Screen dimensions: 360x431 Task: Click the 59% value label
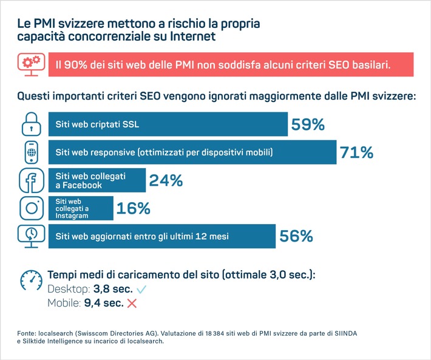pos(308,124)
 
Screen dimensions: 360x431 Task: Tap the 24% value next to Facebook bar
pos(166,180)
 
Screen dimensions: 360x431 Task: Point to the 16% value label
pos(133,208)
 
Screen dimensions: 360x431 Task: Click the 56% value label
pos(296,236)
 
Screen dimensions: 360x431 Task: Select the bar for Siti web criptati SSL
pos(168,124)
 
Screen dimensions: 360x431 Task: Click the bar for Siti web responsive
pos(192,152)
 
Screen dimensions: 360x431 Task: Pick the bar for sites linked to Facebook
pos(97,180)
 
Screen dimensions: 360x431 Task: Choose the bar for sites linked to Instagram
pos(80,208)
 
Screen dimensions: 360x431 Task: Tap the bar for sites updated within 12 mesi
pos(161,236)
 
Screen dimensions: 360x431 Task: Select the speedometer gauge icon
pos(32,280)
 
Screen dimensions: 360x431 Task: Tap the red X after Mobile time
pos(132,302)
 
